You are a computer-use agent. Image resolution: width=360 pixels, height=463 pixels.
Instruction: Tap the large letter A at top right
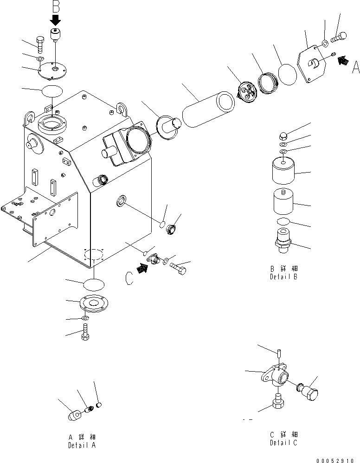[355, 68]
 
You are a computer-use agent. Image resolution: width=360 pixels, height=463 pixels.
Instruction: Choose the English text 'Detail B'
[283, 277]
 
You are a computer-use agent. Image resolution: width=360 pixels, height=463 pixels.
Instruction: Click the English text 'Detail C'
[283, 443]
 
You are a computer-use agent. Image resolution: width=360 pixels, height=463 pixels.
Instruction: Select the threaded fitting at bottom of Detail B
[283, 239]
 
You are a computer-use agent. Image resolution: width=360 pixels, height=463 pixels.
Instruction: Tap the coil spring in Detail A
[90, 409]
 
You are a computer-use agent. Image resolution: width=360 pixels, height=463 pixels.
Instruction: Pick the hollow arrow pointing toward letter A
[342, 60]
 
